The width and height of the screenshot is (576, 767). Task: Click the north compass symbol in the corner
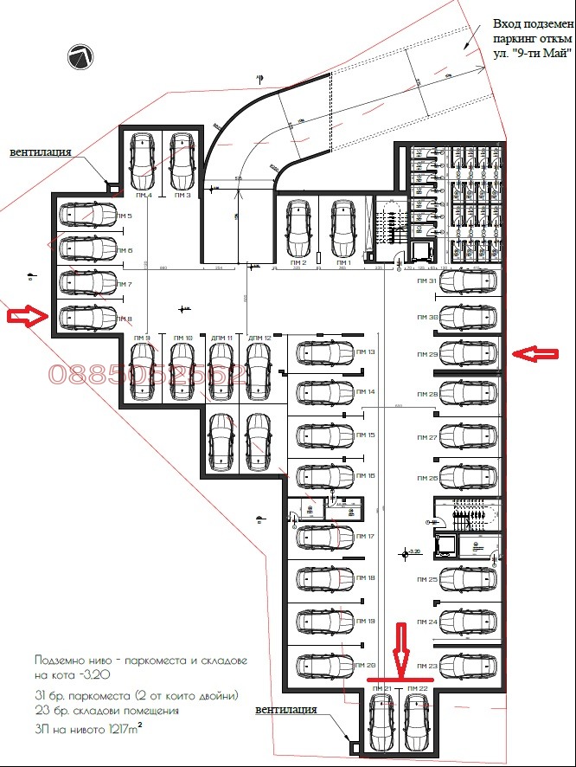pyautogui.click(x=80, y=57)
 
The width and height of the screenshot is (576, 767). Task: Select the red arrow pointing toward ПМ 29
pyautogui.click(x=535, y=352)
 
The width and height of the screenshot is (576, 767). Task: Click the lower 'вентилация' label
pyautogui.click(x=285, y=709)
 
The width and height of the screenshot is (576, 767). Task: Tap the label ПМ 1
pyautogui.click(x=343, y=261)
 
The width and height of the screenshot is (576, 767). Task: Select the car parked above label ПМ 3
pyautogui.click(x=182, y=161)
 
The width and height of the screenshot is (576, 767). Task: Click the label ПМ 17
pyautogui.click(x=364, y=537)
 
